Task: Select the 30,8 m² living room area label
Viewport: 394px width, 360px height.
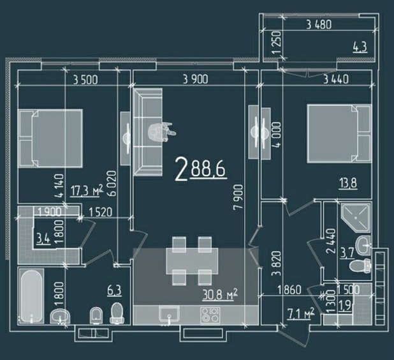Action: pyautogui.click(x=220, y=295)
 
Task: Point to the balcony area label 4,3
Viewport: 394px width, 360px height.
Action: pyautogui.click(x=360, y=47)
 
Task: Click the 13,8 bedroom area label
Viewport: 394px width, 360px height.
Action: pyautogui.click(x=348, y=183)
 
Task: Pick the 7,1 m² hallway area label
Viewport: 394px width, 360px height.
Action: pyautogui.click(x=300, y=313)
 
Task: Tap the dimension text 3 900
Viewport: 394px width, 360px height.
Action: pyautogui.click(x=196, y=79)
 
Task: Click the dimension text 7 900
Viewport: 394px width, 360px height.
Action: pyautogui.click(x=238, y=197)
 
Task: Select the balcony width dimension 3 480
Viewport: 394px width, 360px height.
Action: pyautogui.click(x=319, y=25)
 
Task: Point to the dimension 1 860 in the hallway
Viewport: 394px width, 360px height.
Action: pyautogui.click(x=289, y=290)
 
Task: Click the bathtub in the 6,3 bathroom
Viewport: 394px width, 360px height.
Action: pyautogui.click(x=31, y=296)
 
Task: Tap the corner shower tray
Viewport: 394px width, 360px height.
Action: pyautogui.click(x=356, y=218)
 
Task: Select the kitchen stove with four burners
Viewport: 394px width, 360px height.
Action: pyautogui.click(x=210, y=315)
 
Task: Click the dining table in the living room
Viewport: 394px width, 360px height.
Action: pyautogui.click(x=192, y=261)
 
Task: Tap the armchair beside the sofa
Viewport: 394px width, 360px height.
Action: pyautogui.click(x=161, y=131)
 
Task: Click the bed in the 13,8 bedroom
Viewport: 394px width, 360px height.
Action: pyautogui.click(x=339, y=133)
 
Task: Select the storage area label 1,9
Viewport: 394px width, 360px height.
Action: pyautogui.click(x=346, y=307)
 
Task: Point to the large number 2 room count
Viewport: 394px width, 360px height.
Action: pyautogui.click(x=182, y=169)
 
